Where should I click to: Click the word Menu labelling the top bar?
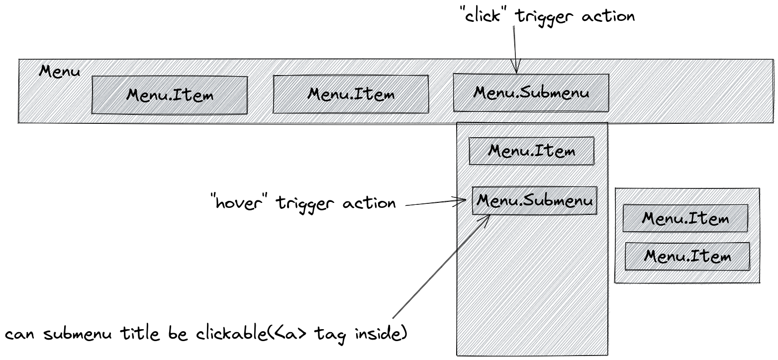point(59,71)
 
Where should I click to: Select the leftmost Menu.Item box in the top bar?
point(170,94)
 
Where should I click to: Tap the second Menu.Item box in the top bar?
point(351,93)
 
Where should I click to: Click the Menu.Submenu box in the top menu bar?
point(531,92)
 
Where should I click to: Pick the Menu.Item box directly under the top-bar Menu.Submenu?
point(531,151)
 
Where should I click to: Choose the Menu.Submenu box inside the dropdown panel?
point(534,201)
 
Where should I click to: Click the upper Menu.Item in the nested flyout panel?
point(685,218)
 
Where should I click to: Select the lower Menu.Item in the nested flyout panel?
point(687,256)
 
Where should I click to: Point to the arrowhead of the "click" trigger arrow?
point(516,69)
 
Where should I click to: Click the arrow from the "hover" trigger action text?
point(435,202)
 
